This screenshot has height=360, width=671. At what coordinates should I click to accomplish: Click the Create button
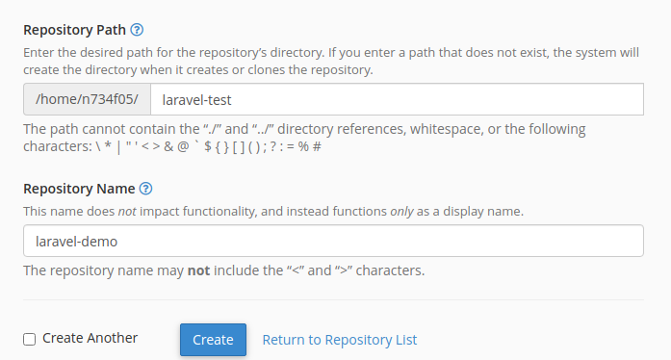click(x=213, y=340)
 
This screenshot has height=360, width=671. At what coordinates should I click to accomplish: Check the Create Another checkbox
click(x=30, y=339)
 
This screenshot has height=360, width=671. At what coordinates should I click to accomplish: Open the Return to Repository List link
click(x=340, y=340)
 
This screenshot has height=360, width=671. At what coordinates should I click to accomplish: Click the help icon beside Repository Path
click(x=137, y=30)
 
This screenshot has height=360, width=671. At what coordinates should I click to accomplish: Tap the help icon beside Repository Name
click(x=145, y=189)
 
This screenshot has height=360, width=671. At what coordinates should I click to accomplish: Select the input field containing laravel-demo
click(x=332, y=241)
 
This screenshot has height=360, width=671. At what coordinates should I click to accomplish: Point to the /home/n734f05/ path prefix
click(x=87, y=99)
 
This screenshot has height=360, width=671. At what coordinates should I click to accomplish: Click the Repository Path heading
click(x=74, y=30)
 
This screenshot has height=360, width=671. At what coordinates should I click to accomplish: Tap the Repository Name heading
click(x=78, y=189)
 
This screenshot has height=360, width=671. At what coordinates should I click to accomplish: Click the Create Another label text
click(x=90, y=338)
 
